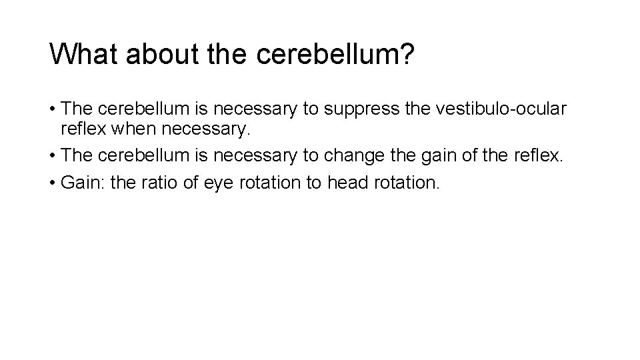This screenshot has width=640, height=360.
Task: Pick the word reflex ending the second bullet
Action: [x=537, y=155]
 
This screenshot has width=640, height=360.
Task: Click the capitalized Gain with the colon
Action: [x=83, y=183]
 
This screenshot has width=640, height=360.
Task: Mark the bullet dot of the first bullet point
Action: [x=53, y=109]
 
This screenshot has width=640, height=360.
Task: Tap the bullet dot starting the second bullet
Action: [x=53, y=156]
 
